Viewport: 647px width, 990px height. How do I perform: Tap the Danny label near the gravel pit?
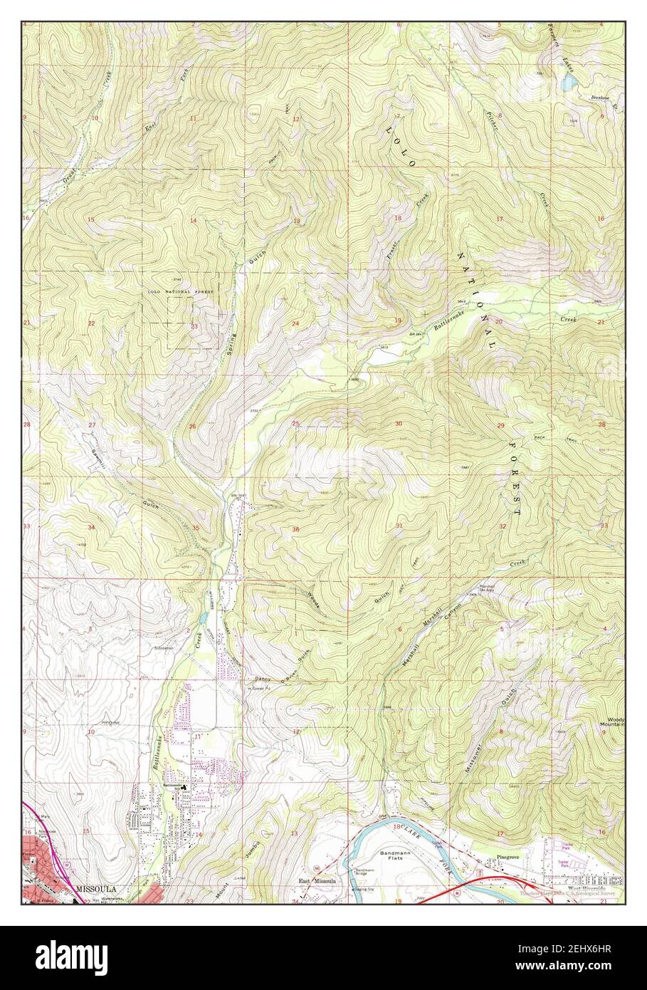tap(255, 679)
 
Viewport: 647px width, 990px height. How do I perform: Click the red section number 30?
tap(399, 424)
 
